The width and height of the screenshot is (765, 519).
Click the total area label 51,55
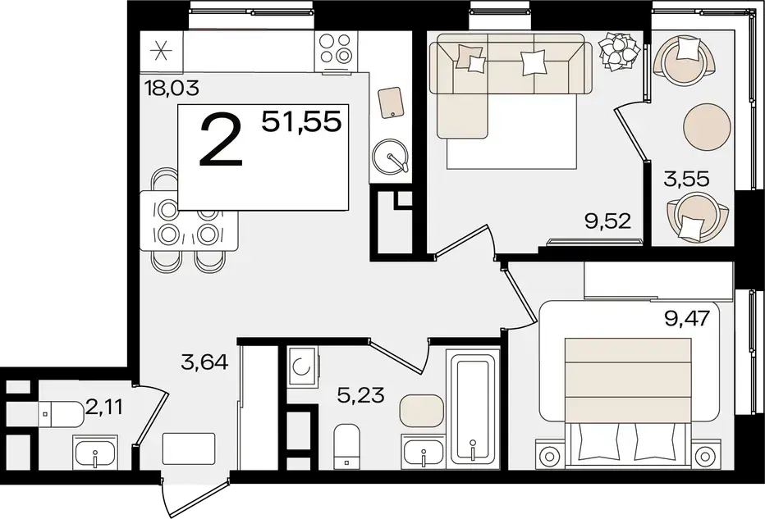[x=301, y=121]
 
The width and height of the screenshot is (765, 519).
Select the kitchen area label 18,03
[x=172, y=89]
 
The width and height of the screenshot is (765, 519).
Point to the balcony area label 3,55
[x=686, y=179]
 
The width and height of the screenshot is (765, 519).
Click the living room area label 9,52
[x=608, y=221]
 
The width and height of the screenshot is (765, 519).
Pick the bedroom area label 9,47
[x=686, y=319]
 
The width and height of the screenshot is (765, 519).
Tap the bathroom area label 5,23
[x=361, y=394]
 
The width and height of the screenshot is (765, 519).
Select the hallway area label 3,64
[x=204, y=362]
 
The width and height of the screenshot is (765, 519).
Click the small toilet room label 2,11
[x=104, y=406]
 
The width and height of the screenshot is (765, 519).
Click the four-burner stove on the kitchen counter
[x=336, y=50]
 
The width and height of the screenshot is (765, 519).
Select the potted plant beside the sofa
[x=620, y=50]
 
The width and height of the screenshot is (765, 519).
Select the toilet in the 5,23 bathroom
[x=346, y=445]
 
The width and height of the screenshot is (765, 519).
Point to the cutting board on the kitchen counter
[x=391, y=102]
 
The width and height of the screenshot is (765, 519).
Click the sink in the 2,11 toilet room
[x=94, y=449]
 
